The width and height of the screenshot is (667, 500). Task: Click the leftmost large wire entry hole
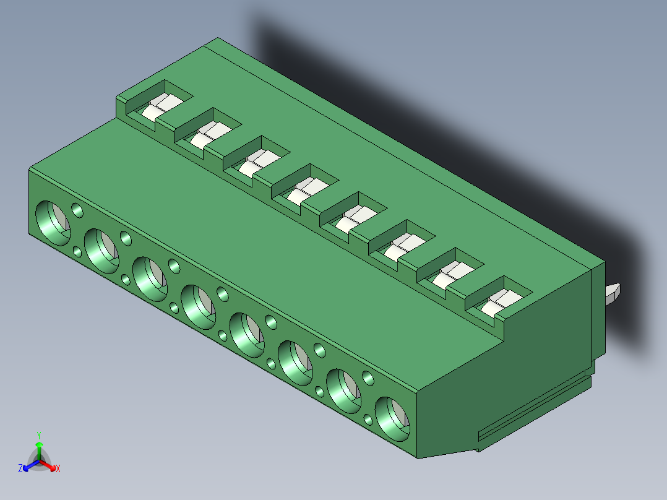click(53, 223)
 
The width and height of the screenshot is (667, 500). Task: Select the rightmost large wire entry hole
click(393, 419)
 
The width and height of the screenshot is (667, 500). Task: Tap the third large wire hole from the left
click(150, 278)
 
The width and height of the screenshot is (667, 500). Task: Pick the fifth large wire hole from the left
click(247, 335)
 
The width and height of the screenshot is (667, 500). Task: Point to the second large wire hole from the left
click(101, 251)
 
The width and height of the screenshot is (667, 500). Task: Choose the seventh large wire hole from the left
click(344, 390)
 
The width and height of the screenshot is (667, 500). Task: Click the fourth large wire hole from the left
click(199, 307)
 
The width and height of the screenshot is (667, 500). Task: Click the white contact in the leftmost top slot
click(161, 106)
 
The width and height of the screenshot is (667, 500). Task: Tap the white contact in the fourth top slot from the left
click(307, 190)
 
